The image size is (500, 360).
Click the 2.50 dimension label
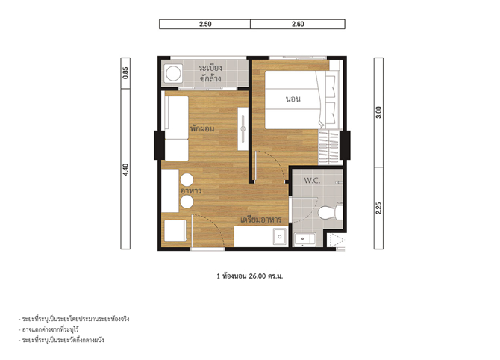pyautogui.click(x=205, y=24)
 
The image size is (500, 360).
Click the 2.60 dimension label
pyautogui.click(x=298, y=24)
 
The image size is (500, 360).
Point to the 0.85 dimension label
pyautogui.click(x=125, y=72)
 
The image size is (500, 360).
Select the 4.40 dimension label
pyautogui.click(x=125, y=170)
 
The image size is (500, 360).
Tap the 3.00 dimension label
pyautogui.click(x=378, y=112)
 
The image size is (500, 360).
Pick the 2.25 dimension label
pyautogui.click(x=378, y=208)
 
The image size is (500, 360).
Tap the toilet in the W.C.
pyautogui.click(x=331, y=213)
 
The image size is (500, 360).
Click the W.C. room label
pyautogui.click(x=312, y=181)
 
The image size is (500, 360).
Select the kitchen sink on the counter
pyautogui.click(x=280, y=237)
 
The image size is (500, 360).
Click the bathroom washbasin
pyautogui.click(x=304, y=239)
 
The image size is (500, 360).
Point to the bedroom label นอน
pyautogui.click(x=293, y=99)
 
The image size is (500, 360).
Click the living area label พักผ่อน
pyautogui.click(x=202, y=129)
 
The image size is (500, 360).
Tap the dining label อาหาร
pyautogui.click(x=191, y=191)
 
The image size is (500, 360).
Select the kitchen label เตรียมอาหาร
pyautogui.click(x=261, y=220)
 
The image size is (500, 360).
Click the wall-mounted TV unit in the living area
pyautogui.click(x=243, y=128)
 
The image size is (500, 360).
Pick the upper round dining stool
pyautogui.click(x=187, y=180)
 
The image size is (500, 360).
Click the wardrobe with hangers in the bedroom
pyautogui.click(x=329, y=147)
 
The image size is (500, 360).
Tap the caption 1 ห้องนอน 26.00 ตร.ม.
pyautogui.click(x=250, y=276)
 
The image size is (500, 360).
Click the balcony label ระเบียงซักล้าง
pyautogui.click(x=210, y=73)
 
